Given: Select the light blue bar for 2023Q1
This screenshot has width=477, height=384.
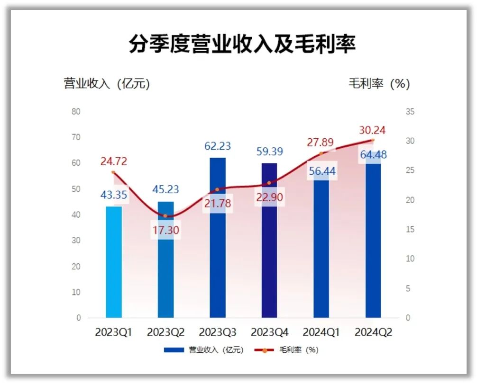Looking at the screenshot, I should point(114,265).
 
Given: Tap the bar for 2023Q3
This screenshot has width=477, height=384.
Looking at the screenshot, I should point(218,246).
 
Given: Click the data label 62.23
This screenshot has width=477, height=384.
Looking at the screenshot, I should point(218,146).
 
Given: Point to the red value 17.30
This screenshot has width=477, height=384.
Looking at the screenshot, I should point(165,231).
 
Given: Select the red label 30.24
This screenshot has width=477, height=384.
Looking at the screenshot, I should point(373,130).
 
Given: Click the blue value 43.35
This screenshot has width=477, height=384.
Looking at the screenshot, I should point(113,195).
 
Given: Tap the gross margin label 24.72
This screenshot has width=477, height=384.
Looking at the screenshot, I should point(113,161).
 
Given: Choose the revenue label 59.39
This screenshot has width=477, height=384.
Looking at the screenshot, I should point(269,152).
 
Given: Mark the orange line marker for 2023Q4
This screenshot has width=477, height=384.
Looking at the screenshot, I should point(269,183).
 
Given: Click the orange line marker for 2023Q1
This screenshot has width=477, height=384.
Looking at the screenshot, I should point(113,172).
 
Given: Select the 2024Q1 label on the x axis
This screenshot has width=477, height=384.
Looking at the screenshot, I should point(321,332).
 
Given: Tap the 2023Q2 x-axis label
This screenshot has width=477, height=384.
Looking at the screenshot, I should point(165,332).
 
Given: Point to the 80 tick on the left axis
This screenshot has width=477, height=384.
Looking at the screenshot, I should point(76,112).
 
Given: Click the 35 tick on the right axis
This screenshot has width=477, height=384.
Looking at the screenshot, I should point(410,112).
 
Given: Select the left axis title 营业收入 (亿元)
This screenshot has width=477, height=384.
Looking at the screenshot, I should point(107,84).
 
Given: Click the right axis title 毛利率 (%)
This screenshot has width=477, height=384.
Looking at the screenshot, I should point(379,84).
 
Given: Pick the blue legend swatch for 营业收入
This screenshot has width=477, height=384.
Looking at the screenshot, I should point(174,350).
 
